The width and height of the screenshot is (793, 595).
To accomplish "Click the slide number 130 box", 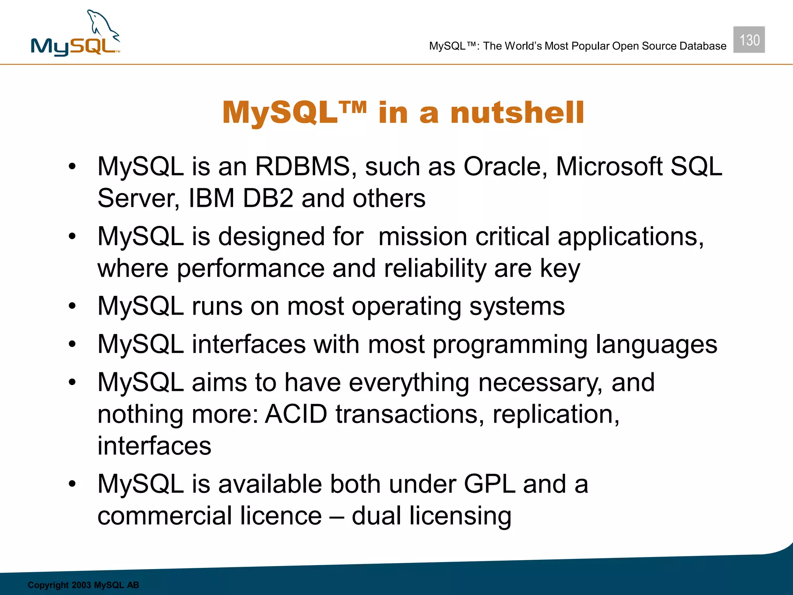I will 749,40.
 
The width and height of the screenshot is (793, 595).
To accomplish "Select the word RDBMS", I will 302,167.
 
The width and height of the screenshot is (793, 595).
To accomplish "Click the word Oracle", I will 505,167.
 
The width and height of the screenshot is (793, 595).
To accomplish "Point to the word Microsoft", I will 609,167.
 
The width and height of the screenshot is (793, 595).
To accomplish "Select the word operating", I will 406,306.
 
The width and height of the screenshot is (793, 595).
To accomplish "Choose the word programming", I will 510,345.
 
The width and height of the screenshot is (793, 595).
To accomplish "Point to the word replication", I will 556,414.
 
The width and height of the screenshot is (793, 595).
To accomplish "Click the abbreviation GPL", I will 489,484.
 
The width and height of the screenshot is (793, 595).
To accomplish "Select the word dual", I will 376,516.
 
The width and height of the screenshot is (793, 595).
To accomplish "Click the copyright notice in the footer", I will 83,585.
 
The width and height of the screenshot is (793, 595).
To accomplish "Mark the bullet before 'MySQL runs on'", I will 72,306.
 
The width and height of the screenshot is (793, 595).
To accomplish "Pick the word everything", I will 409,383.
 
